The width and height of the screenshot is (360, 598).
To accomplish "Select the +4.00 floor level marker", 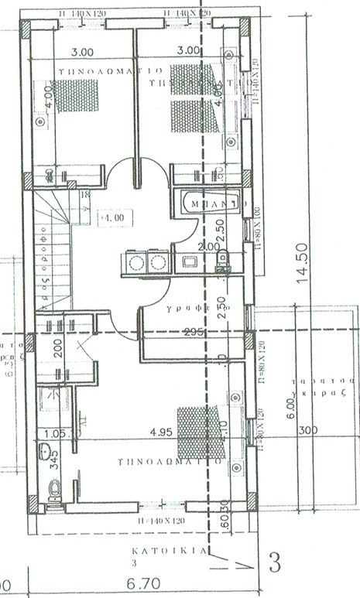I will (x=111, y=219).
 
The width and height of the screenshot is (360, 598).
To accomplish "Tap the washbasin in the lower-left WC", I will (x=45, y=452).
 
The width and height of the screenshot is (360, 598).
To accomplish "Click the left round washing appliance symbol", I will (x=137, y=263).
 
